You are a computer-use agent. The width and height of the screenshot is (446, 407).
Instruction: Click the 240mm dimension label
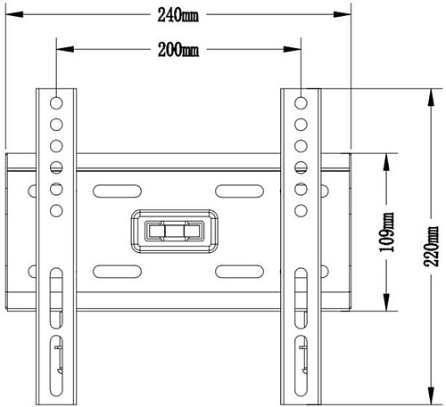point(178,15)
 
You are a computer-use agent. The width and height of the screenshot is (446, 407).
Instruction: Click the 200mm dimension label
point(178,50)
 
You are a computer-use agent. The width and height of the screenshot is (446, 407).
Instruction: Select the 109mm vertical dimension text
point(386,232)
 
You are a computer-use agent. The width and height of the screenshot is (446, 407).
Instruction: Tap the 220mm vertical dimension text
point(431,247)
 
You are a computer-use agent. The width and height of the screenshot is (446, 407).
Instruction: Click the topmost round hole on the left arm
point(56,103)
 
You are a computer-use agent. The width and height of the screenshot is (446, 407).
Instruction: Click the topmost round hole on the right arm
point(301,103)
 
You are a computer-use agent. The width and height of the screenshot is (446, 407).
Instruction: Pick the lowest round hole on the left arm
point(56,211)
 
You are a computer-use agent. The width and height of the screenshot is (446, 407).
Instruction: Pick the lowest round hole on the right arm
point(301,211)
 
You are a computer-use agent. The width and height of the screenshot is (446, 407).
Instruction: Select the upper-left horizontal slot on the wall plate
point(117,191)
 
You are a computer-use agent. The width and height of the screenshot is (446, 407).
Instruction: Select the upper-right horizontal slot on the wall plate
point(239,191)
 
